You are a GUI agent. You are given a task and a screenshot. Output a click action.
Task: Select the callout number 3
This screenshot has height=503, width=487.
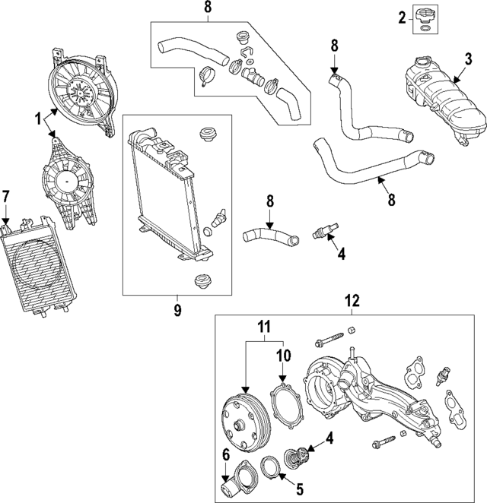point(469,59)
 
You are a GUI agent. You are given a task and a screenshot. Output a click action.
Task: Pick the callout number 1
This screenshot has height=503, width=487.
point(36,119)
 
